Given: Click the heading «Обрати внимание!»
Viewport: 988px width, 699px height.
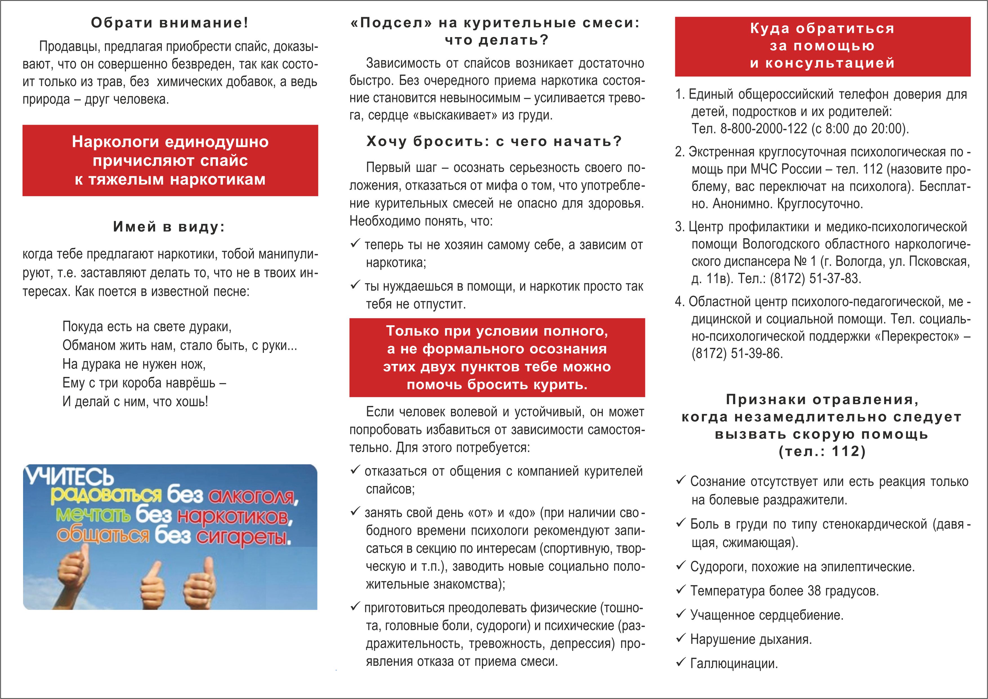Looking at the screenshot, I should [170, 23].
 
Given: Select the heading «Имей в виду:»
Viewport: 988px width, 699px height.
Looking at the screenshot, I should [169, 227].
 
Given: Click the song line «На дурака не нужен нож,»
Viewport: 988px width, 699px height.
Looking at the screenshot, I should [134, 364].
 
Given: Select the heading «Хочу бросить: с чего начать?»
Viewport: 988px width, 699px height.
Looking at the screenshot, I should [494, 141].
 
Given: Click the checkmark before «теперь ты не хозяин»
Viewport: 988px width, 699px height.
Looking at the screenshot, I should [355, 244].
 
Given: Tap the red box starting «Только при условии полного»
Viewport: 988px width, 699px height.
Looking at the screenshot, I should [497, 357].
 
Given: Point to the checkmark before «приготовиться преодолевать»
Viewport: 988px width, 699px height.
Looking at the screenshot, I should [355, 607].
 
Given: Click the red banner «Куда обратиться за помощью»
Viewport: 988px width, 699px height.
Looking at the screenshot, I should [822, 46].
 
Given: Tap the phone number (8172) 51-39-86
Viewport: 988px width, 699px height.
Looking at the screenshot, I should [737, 353].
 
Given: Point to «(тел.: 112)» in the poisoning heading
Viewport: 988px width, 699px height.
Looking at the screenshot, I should [822, 452].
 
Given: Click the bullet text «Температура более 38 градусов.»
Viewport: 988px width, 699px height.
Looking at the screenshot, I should [784, 591].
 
